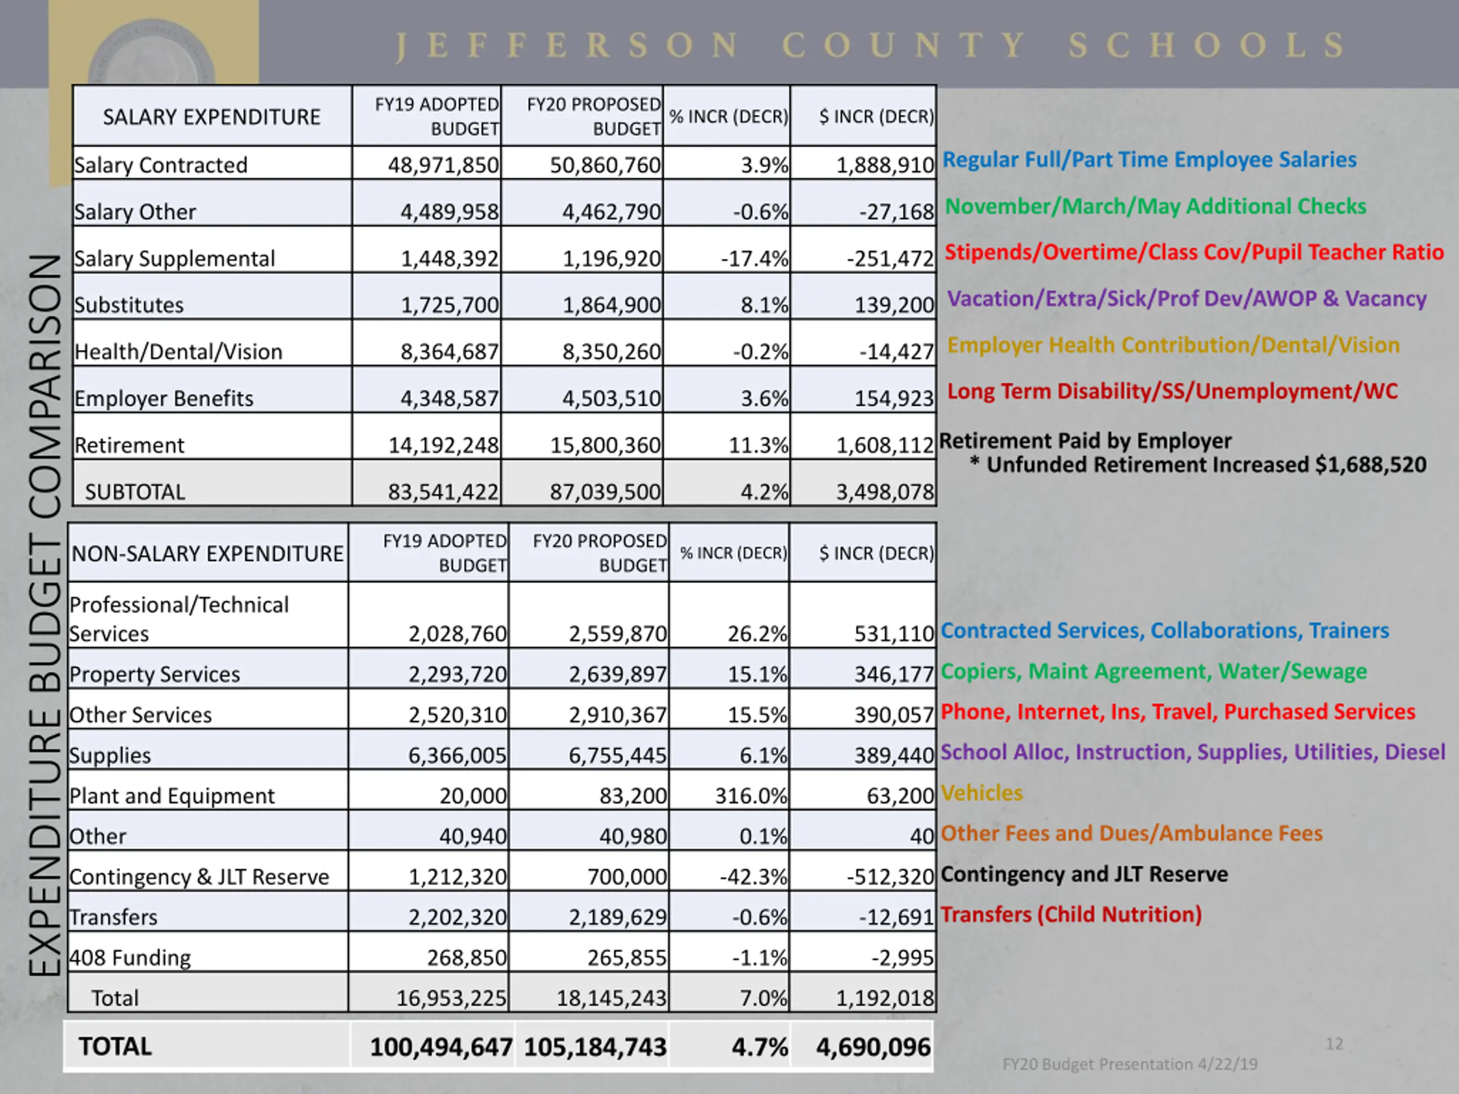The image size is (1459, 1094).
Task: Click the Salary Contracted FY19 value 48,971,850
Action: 443,165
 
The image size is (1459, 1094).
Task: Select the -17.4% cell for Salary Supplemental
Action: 754,259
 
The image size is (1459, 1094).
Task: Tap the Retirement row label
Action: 129,446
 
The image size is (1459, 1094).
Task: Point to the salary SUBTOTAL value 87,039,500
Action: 605,492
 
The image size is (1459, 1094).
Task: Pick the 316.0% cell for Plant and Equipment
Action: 751,796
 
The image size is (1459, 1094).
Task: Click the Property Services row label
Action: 155,674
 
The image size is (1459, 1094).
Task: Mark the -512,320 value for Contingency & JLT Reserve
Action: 890,877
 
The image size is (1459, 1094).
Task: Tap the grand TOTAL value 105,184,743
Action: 595,1047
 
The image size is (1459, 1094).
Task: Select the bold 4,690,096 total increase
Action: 873,1047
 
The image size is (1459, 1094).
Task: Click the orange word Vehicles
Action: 981,793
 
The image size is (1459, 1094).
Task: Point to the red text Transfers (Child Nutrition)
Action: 1071,915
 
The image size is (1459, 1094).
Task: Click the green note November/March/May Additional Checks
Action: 1155,206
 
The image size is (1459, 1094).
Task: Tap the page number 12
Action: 1334,1044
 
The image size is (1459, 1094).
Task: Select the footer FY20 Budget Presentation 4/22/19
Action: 1129,1064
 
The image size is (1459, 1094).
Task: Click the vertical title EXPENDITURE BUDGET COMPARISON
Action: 45,615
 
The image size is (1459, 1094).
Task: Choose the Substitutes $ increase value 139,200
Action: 894,305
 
